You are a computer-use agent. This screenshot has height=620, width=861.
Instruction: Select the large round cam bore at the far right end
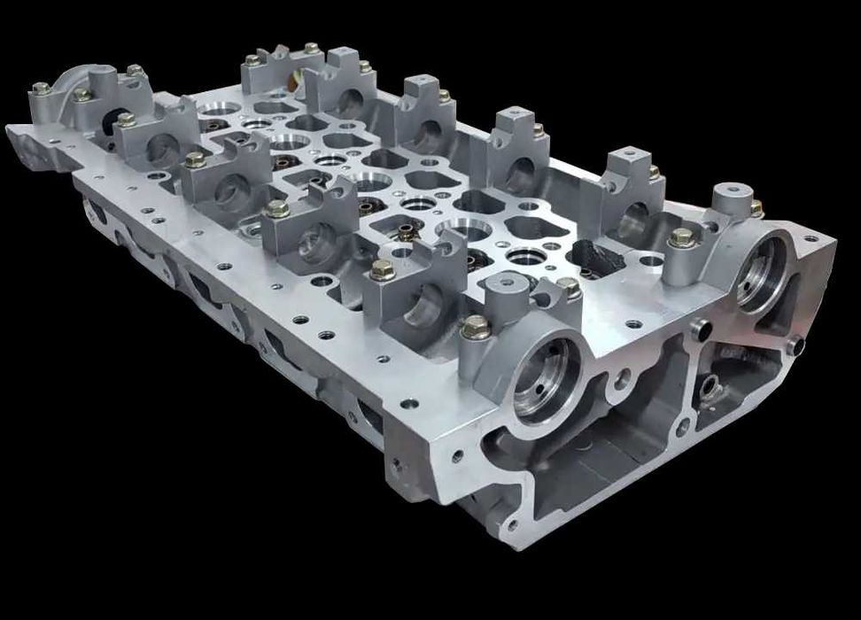point(764,270)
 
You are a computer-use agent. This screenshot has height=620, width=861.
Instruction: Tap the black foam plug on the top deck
point(599,253)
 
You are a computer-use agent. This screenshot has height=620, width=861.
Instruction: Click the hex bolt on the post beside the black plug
point(680,237)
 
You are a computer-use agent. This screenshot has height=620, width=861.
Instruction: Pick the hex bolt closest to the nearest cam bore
point(476,327)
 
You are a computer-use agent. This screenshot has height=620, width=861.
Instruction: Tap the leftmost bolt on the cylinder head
point(41,89)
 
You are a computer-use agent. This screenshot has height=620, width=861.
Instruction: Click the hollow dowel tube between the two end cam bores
point(699,329)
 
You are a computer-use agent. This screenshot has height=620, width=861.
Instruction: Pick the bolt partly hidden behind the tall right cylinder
point(756,208)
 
